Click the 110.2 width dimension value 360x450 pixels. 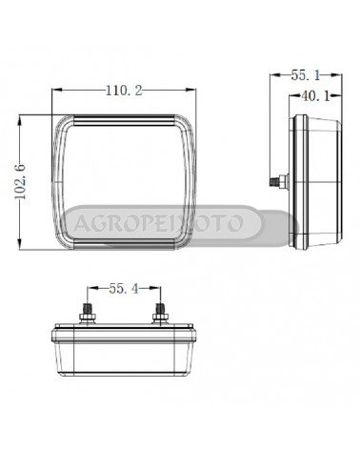[x=124, y=91]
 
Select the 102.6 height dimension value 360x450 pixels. [x=21, y=182]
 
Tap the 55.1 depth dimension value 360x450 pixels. [x=306, y=75]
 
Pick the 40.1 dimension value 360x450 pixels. [x=315, y=96]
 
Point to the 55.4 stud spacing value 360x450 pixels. [x=124, y=289]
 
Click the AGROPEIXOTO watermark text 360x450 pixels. [x=158, y=223]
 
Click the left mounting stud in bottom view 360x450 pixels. [x=88, y=314]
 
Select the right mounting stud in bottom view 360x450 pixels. [x=160, y=314]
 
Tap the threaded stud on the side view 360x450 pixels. [x=278, y=182]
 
